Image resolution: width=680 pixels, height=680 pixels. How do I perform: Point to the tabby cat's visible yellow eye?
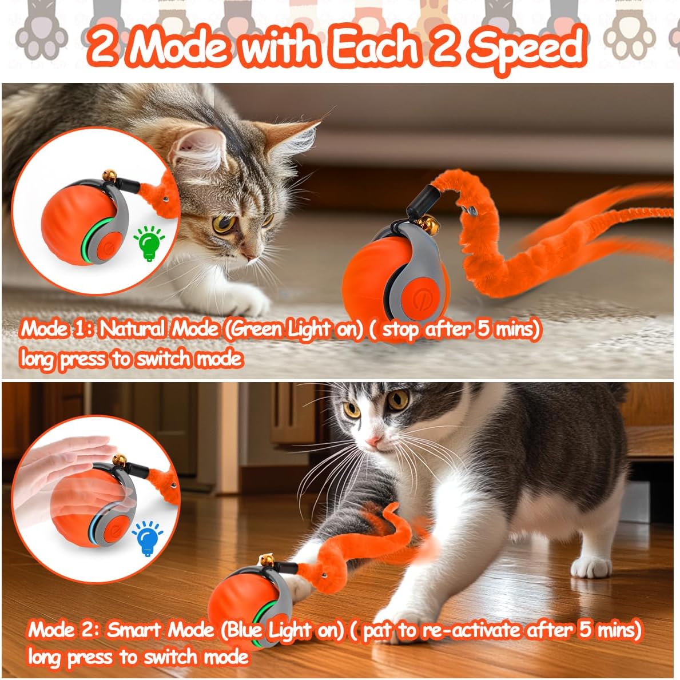(224, 223)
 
